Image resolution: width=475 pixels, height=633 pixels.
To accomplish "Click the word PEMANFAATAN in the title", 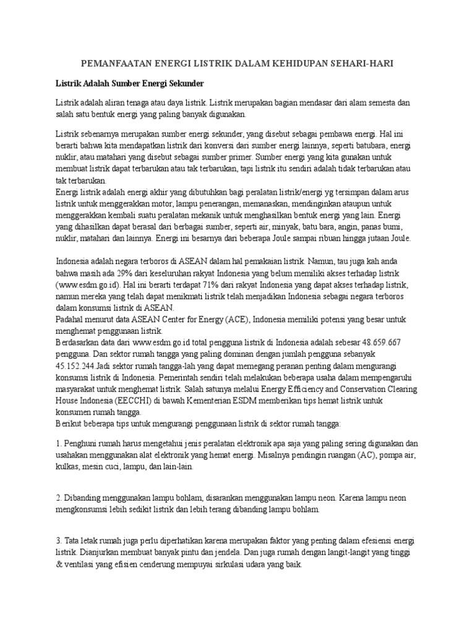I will pos(109,64).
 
